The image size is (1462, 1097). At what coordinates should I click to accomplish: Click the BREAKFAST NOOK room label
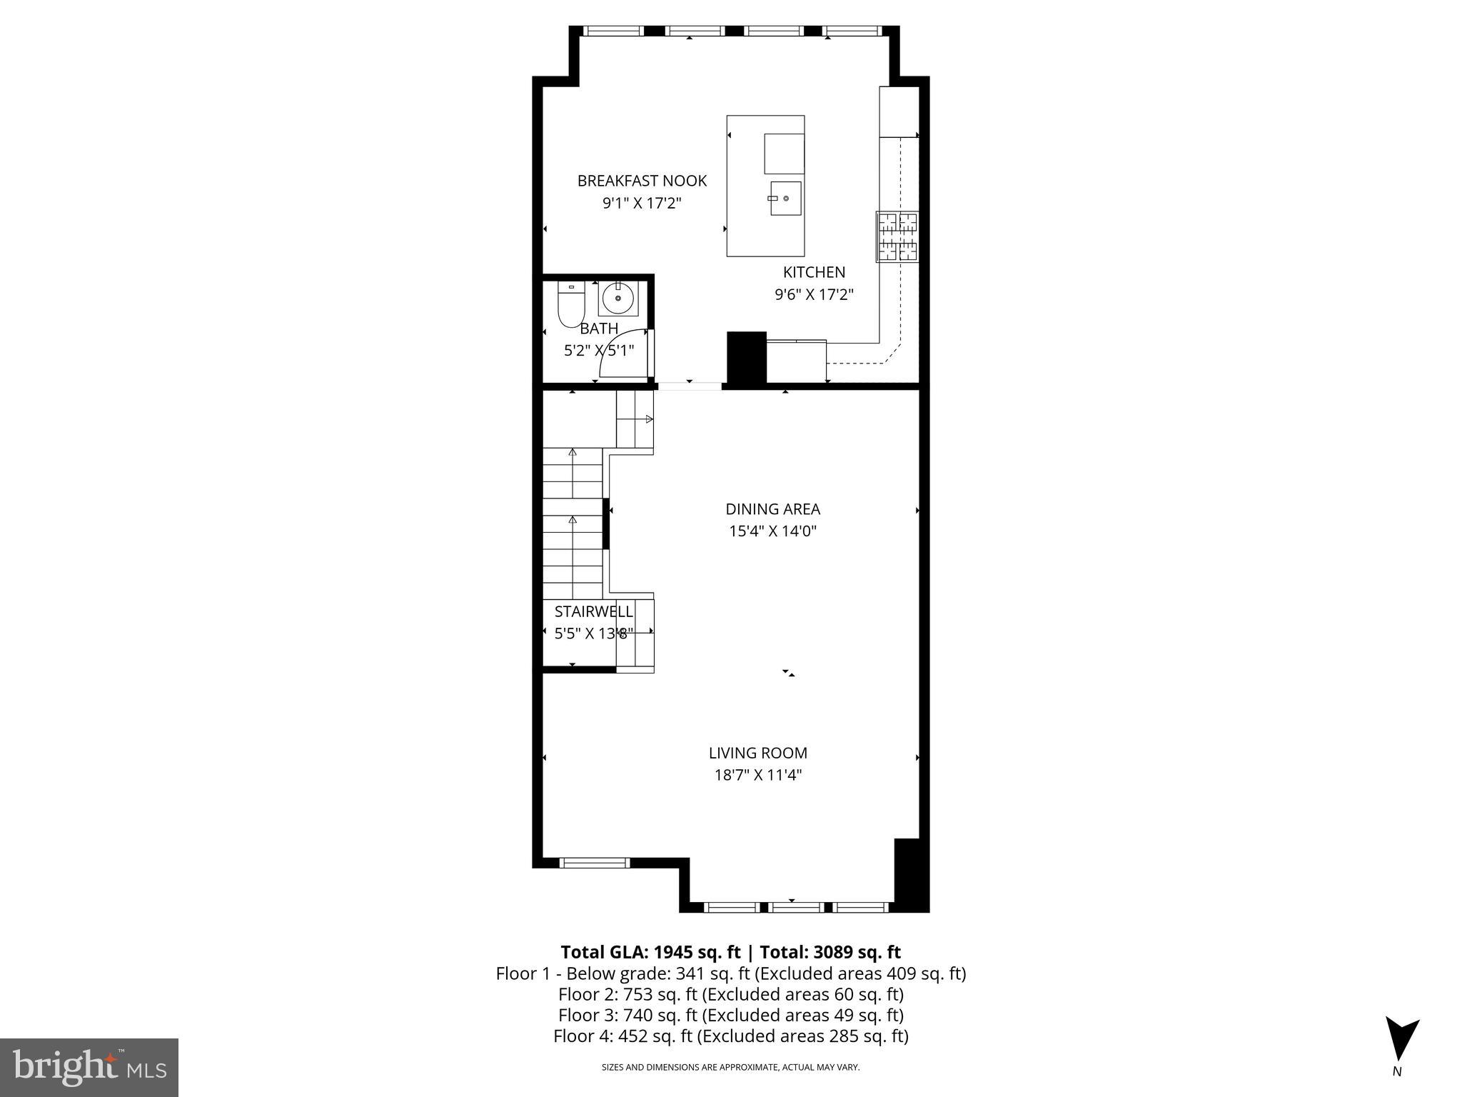(642, 181)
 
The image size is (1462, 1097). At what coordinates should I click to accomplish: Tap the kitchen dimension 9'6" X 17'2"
(814, 294)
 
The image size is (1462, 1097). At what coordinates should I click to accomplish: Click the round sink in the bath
(617, 299)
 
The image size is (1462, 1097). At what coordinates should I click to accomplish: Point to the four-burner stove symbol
(897, 236)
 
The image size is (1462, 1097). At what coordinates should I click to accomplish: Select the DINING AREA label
(772, 509)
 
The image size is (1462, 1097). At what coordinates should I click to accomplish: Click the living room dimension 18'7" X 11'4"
(758, 775)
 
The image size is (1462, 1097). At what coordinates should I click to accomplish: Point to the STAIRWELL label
(593, 611)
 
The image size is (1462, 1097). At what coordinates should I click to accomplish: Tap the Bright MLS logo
(89, 1067)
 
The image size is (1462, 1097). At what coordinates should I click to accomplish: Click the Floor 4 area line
(730, 1036)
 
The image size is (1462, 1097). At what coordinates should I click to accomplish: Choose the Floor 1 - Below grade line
(730, 973)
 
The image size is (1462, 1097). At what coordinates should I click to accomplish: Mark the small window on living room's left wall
(595, 863)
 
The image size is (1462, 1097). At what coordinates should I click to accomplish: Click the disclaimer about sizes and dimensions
(730, 1068)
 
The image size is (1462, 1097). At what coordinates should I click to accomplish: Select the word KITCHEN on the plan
(814, 272)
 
